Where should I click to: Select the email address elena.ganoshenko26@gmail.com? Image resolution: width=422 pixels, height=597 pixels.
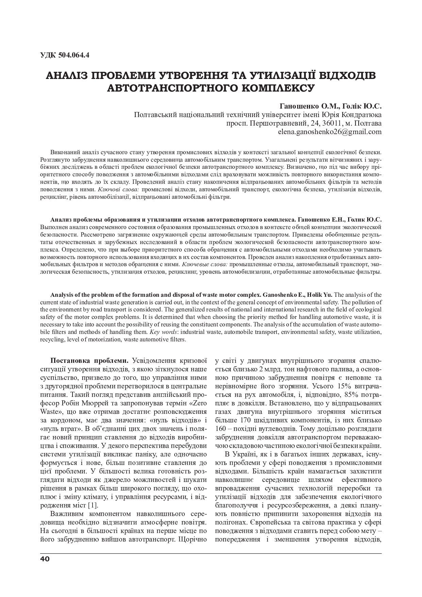tap(330, 131)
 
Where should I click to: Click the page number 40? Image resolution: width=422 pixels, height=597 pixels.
tap(45, 559)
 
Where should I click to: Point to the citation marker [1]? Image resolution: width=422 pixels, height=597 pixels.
tap(93, 505)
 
